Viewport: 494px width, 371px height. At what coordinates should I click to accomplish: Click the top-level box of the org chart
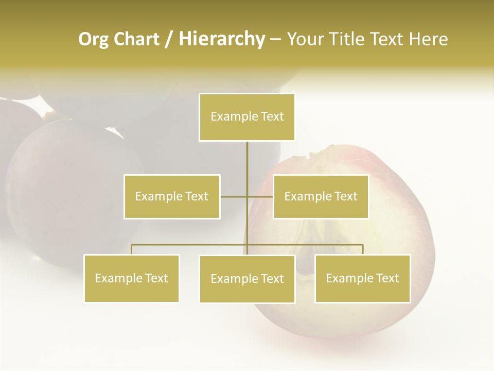point(247,117)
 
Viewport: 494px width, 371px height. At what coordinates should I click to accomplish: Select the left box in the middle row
point(172,196)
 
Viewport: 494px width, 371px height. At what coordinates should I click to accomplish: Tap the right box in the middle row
point(321,196)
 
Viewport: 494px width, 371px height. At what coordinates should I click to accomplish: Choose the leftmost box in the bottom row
point(131,278)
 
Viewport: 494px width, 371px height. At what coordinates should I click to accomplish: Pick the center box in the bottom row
point(247,279)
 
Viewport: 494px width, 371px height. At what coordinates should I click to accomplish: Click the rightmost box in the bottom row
point(362,278)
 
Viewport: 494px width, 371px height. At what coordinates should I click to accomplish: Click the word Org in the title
point(94,39)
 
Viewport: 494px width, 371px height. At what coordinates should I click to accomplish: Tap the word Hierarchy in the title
point(222,39)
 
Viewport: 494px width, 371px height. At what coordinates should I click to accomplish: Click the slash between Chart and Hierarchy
point(169,39)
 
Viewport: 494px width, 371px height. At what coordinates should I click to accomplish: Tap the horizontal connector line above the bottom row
point(190,245)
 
